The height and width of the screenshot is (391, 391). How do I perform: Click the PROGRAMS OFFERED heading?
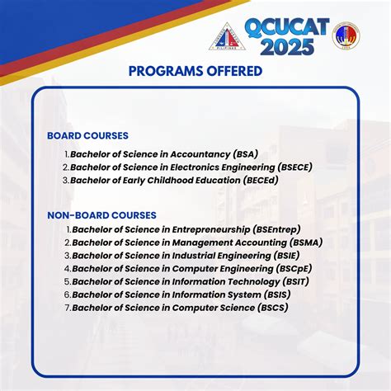tap(195, 71)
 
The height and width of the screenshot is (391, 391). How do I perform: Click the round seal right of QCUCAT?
tap(346, 35)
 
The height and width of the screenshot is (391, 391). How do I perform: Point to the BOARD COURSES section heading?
tap(87, 135)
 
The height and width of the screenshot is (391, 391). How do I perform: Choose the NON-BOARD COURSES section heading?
tap(101, 215)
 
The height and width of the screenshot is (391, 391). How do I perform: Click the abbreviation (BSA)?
tap(245, 153)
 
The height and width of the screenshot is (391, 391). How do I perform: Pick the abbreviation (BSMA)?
tap(305, 243)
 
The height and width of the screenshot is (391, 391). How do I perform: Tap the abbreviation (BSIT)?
tap(302, 282)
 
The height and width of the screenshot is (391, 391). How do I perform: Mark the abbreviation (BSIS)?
tap(280, 294)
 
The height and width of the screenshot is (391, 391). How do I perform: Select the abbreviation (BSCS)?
tap(271, 308)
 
